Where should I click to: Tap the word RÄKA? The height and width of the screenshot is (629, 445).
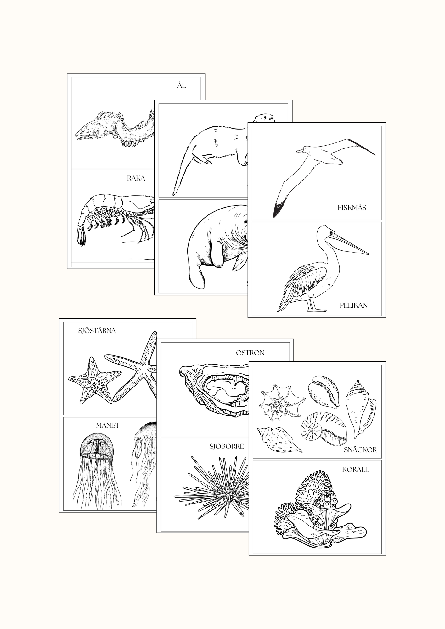136,178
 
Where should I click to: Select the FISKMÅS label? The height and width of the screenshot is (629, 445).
352,208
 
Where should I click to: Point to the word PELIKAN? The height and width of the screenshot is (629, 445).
353,305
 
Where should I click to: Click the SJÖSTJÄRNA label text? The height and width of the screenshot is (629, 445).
97,331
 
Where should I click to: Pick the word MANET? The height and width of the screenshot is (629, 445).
108,426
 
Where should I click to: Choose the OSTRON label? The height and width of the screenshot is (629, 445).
250,353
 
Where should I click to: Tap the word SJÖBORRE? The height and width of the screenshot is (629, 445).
227,446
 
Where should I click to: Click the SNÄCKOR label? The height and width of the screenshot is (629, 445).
360,450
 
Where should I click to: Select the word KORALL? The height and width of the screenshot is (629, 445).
355,470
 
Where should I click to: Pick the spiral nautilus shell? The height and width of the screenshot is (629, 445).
324,428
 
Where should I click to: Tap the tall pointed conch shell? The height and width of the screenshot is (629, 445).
361,409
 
